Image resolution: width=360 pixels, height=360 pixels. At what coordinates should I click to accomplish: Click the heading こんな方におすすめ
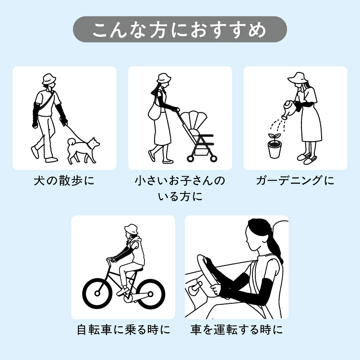(180, 30)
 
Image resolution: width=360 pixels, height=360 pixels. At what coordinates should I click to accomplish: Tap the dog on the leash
(83, 150)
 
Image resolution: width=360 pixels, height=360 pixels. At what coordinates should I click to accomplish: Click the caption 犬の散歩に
(64, 180)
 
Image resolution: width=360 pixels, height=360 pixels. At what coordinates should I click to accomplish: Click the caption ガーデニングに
(295, 180)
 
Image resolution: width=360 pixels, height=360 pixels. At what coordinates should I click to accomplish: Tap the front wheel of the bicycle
(97, 293)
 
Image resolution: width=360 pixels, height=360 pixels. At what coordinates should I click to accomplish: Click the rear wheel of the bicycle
(150, 294)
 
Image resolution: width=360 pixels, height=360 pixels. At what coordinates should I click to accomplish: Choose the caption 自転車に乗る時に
(123, 330)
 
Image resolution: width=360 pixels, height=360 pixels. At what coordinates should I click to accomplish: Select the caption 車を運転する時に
(237, 330)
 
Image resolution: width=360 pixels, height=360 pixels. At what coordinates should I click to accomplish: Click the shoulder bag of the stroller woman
(154, 112)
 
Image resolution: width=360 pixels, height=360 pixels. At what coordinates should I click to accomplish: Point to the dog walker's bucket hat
(48, 79)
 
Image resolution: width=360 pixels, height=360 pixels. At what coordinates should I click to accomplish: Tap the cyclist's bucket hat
(131, 229)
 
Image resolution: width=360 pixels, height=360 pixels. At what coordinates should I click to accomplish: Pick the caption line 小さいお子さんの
(180, 180)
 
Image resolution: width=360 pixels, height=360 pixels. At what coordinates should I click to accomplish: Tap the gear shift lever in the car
(195, 287)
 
